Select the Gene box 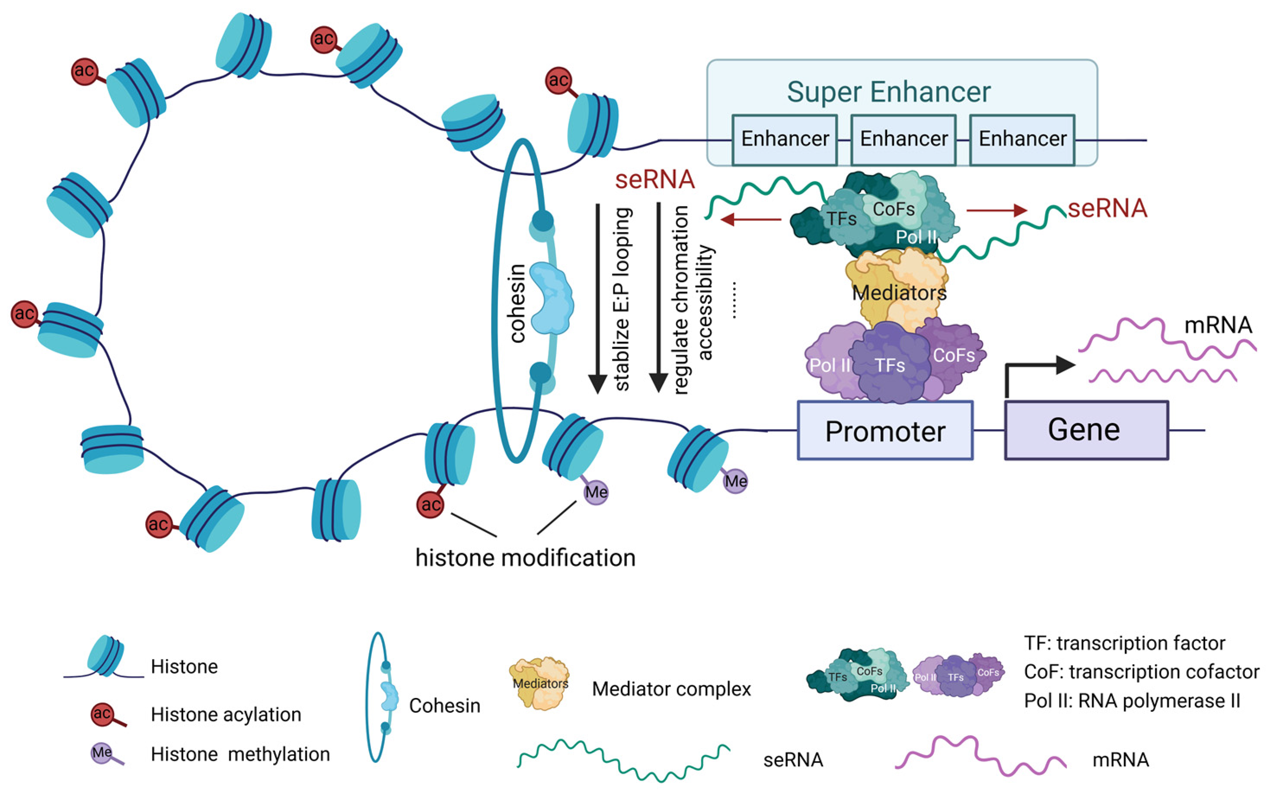(1086, 430)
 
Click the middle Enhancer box (903, 139)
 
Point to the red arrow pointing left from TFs (750, 219)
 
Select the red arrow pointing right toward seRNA (996, 210)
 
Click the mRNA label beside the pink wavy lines (1217, 325)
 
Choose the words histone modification (525, 558)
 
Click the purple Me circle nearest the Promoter (735, 481)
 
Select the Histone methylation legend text (240, 754)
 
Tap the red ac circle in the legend (102, 714)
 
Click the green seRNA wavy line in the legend (623, 761)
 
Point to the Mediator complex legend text (671, 688)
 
